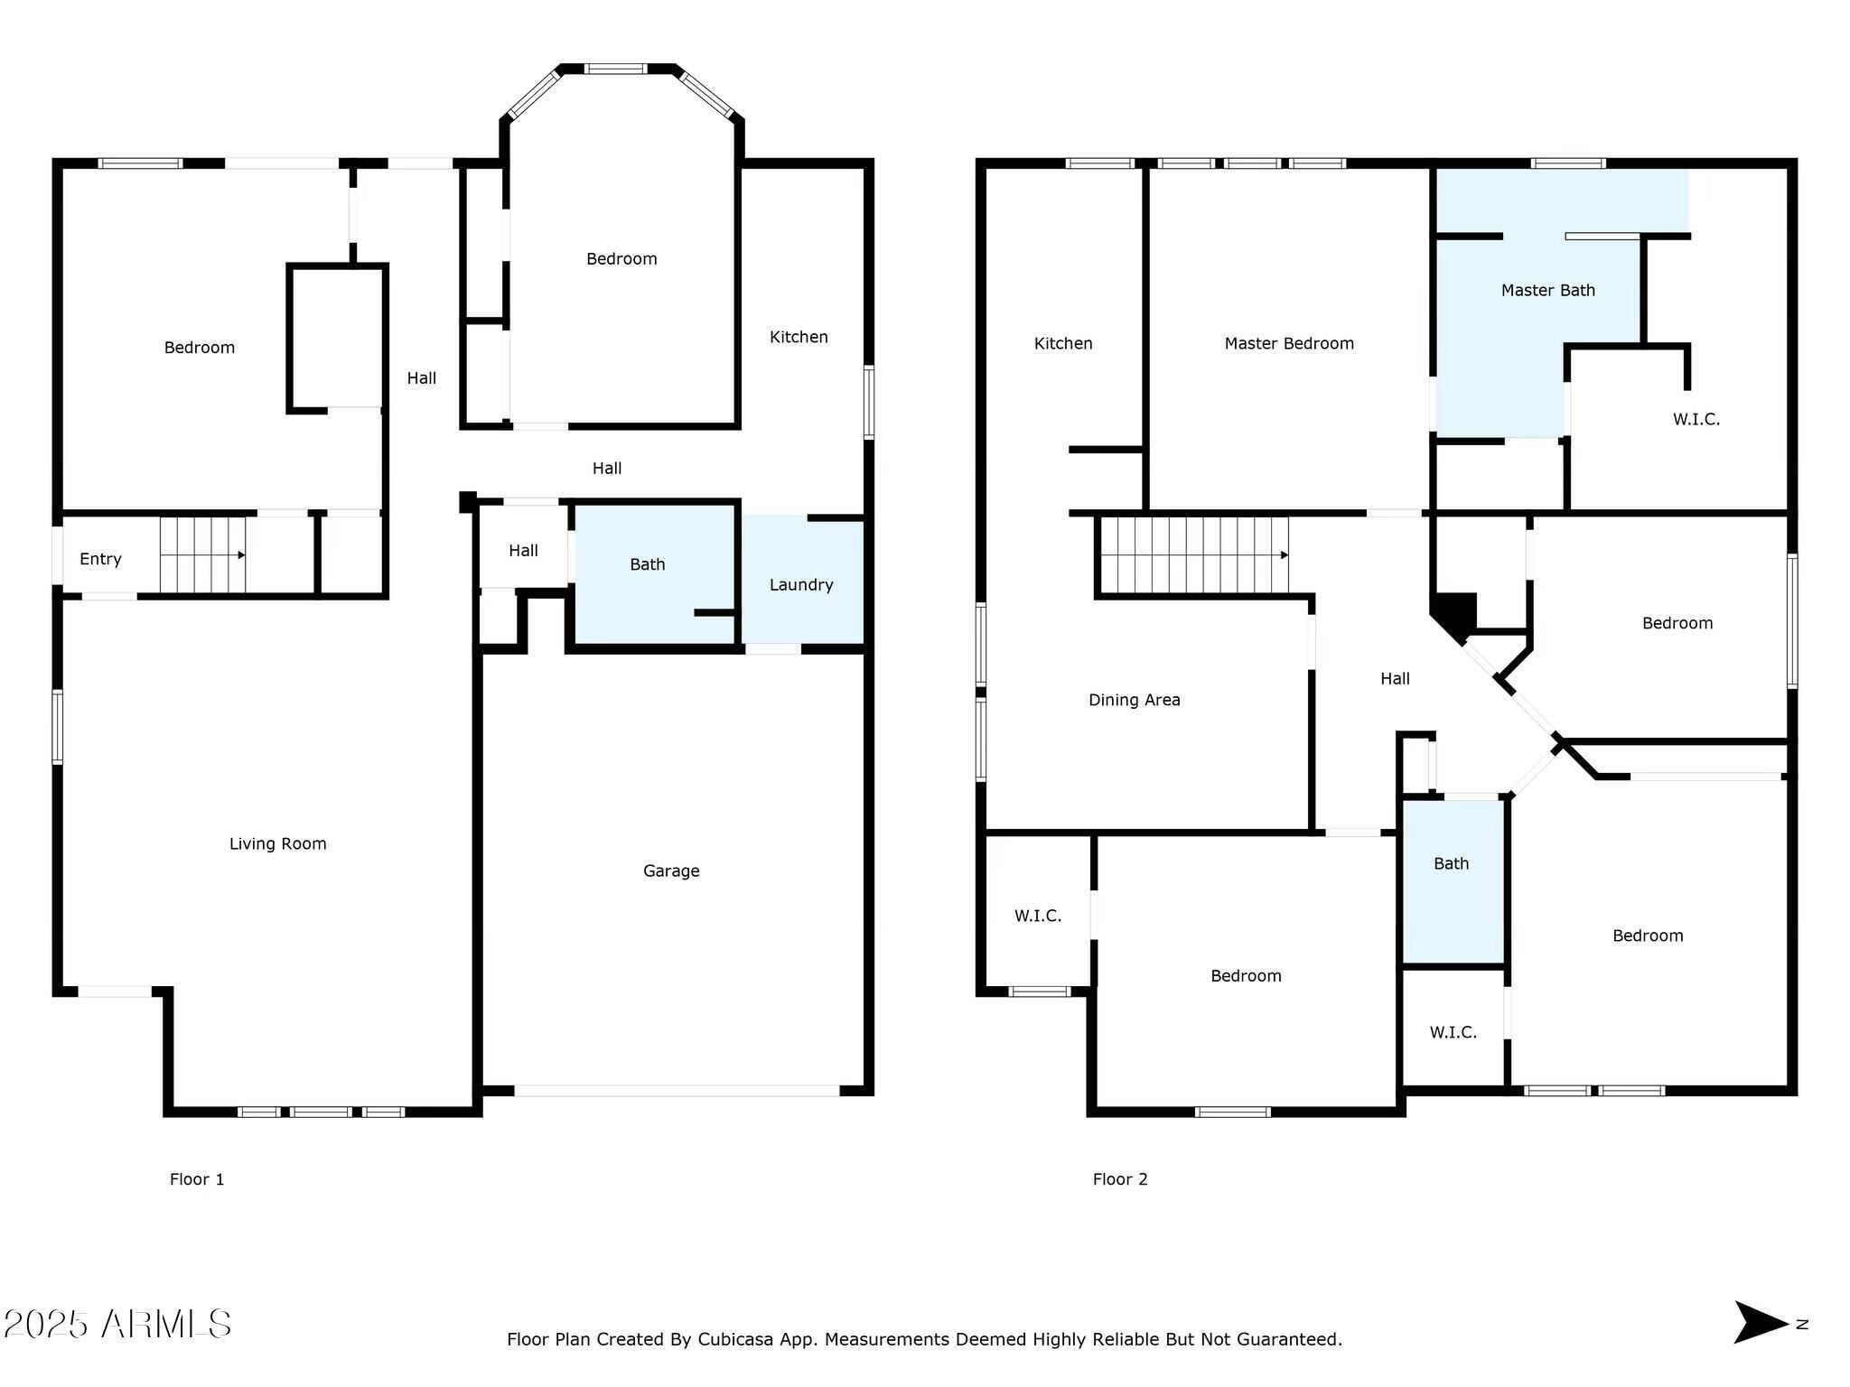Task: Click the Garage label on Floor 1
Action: click(671, 870)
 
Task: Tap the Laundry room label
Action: click(801, 584)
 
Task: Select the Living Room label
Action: click(277, 843)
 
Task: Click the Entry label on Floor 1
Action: click(100, 559)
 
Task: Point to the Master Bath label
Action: click(1547, 290)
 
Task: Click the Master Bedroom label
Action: click(1289, 343)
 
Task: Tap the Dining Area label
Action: click(1134, 700)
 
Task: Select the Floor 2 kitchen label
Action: click(1063, 343)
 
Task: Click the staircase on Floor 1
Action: click(203, 554)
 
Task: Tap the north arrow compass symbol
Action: click(1760, 1323)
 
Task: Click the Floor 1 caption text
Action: click(197, 1179)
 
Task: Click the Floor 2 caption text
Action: click(1120, 1179)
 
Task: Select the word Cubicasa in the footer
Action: click(734, 1339)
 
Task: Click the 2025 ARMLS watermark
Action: click(117, 1324)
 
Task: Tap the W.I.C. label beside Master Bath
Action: click(1696, 419)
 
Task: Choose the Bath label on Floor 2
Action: click(1451, 863)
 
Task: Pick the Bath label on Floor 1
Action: click(647, 564)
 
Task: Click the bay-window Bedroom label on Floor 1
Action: click(621, 259)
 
